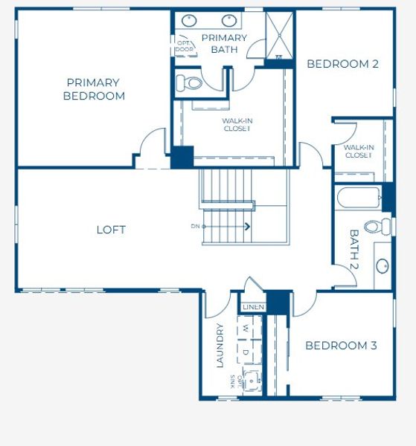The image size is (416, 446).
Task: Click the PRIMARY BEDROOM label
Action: [94, 89]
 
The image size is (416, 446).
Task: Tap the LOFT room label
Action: [111, 230]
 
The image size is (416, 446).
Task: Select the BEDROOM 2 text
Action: [342, 64]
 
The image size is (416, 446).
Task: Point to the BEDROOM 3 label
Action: [341, 346]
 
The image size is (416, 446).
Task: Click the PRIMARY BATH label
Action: [224, 44]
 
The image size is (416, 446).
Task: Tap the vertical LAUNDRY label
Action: [220, 346]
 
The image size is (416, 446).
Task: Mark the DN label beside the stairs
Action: [196, 226]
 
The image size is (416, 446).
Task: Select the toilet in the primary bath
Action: [191, 82]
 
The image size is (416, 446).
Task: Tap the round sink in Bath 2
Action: [383, 265]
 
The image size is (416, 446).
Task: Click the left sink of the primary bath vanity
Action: [189, 21]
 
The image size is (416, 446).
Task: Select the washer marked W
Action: [245, 328]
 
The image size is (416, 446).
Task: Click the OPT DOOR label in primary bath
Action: [183, 46]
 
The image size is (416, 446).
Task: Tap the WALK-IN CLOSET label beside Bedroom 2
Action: [358, 152]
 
